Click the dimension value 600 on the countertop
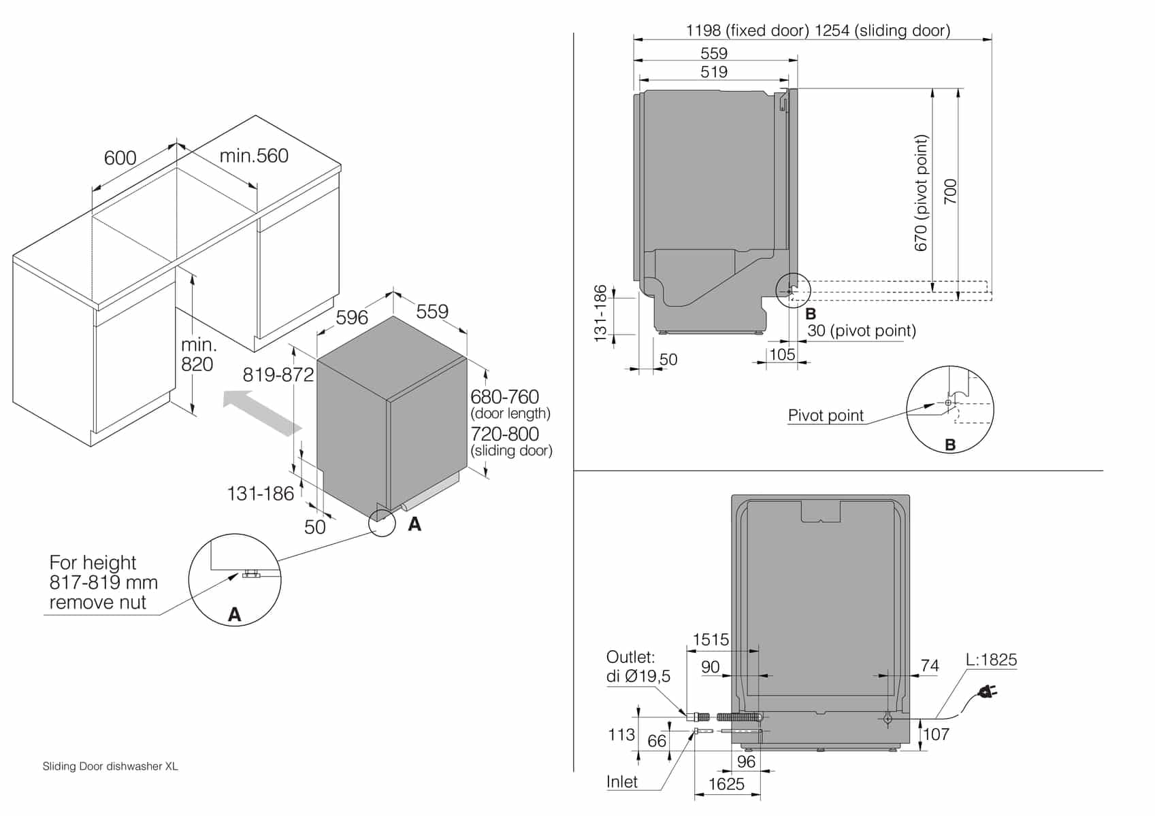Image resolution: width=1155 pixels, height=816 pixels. [120, 158]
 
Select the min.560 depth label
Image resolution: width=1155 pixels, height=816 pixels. [254, 156]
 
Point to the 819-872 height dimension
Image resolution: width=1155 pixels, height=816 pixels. [278, 375]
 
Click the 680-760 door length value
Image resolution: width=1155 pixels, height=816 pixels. [504, 396]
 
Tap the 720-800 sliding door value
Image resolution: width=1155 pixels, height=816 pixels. [504, 434]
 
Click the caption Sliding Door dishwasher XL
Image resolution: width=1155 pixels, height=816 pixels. [110, 766]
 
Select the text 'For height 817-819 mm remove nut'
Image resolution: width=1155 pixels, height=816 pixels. [103, 582]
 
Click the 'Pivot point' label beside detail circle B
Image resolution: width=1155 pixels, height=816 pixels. [825, 415]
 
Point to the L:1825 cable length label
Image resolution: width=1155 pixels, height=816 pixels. [991, 660]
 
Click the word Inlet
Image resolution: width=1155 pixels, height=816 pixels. [622, 782]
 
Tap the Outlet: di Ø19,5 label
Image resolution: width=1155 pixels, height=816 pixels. [638, 666]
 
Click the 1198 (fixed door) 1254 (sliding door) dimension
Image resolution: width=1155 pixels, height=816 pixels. [818, 31]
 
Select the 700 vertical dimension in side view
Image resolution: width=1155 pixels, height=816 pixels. [951, 192]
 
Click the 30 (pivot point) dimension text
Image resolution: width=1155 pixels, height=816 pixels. [862, 330]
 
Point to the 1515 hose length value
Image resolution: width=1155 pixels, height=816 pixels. [711, 640]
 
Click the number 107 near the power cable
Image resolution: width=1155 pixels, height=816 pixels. [936, 734]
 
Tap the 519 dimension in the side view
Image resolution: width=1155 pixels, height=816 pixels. [714, 72]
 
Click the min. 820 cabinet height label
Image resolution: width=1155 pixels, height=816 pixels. [197, 354]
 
